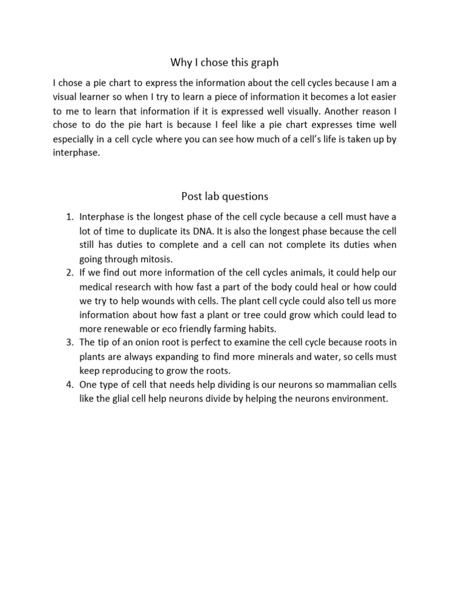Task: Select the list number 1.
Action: (x=68, y=217)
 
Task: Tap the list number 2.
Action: (x=68, y=273)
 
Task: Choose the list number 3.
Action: (x=68, y=343)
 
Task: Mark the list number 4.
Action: (x=68, y=385)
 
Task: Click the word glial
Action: (x=123, y=399)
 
